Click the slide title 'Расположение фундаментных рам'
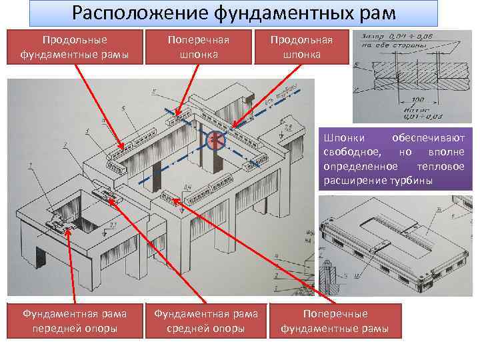[233, 13]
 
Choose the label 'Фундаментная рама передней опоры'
[74, 321]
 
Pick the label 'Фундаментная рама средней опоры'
[206, 321]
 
